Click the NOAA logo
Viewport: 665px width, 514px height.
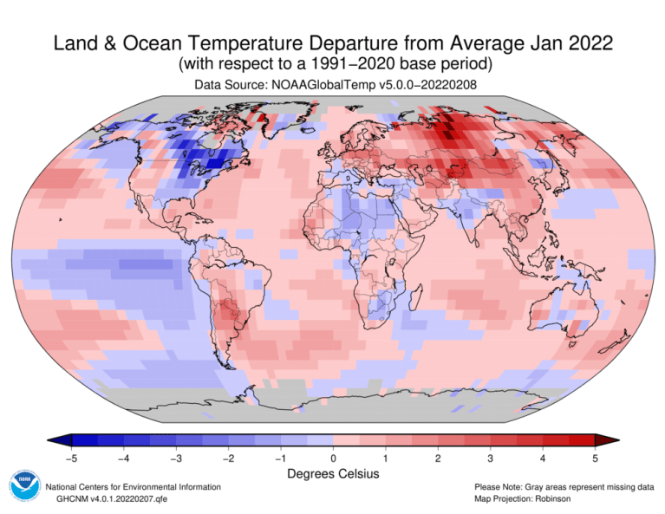[23, 486]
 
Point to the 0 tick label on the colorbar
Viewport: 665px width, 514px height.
[333, 458]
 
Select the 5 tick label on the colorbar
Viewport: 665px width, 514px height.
[595, 458]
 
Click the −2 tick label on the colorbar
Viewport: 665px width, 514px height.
[228, 458]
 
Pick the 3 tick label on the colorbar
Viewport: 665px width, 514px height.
[491, 458]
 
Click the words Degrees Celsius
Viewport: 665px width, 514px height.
[333, 474]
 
